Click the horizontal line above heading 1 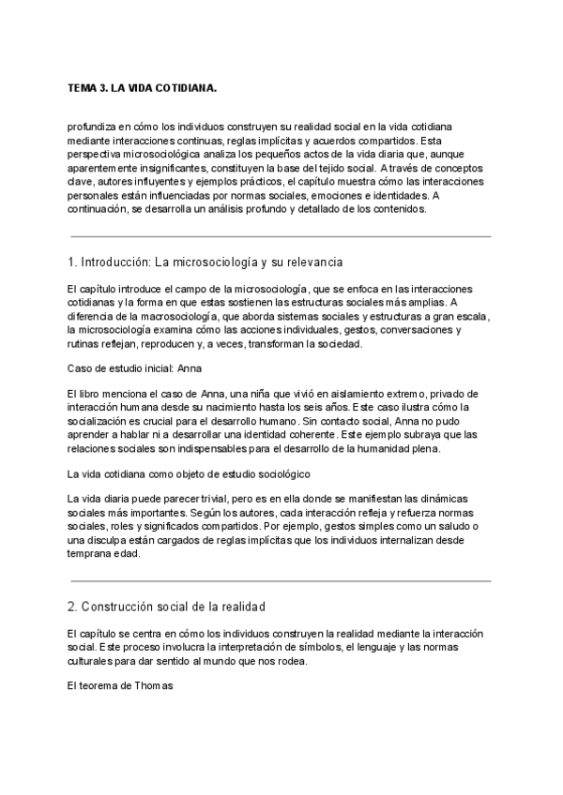(281, 236)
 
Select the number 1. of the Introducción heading (73, 260)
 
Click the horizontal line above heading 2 (281, 581)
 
